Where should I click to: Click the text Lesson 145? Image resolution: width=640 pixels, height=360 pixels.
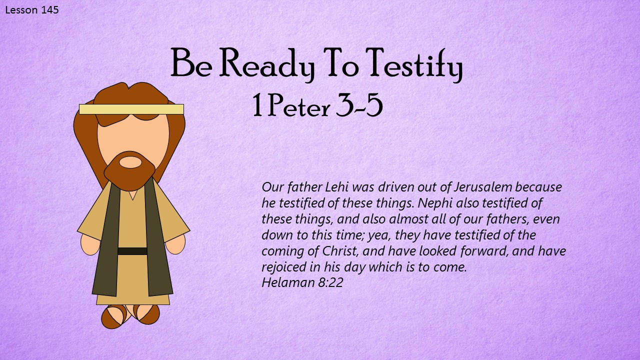[x=31, y=10]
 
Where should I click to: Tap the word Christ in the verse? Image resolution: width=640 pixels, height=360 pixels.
[x=334, y=251]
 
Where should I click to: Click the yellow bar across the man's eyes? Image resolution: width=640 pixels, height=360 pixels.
[x=131, y=109]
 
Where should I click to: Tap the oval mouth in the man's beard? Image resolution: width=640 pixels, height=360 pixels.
[x=130, y=162]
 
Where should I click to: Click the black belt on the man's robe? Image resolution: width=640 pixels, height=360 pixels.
[x=132, y=251]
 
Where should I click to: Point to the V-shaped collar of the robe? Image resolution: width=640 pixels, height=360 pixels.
[x=132, y=195]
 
